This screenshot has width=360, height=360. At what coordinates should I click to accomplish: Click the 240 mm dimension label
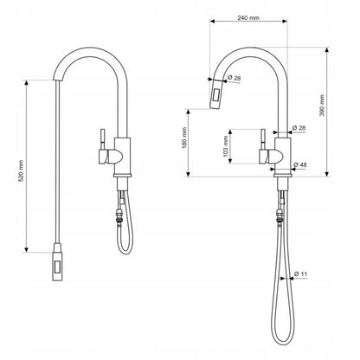click(x=248, y=17)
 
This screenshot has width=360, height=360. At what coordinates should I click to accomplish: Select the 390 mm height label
click(x=322, y=106)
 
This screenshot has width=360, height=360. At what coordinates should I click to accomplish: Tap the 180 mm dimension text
click(x=184, y=138)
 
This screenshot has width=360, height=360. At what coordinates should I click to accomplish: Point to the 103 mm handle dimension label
click(x=226, y=146)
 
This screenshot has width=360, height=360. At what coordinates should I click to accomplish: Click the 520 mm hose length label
click(x=21, y=170)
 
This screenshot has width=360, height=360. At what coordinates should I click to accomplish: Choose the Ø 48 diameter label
click(x=300, y=164)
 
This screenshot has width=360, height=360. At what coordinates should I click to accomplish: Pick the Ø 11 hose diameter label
click(x=300, y=273)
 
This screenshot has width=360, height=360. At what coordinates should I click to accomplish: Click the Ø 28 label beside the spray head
click(x=234, y=78)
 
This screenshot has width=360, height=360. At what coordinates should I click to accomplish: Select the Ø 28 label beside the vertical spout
click(x=299, y=128)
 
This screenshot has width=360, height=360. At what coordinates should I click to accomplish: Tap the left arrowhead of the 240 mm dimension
click(x=212, y=21)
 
